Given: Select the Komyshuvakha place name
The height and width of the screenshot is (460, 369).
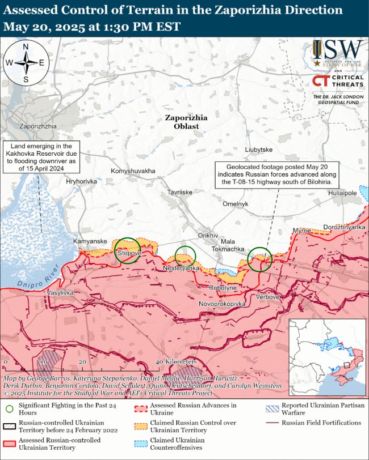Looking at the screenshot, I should (133, 171).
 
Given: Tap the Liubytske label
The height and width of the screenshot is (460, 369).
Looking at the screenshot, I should (259, 150).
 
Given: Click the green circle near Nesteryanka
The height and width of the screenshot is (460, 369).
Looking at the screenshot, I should (185, 256).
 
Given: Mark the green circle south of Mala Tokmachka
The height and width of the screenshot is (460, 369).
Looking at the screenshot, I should (260, 259).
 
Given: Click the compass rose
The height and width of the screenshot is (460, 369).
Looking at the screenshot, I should (26, 63).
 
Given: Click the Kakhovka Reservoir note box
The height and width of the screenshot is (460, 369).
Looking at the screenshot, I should (41, 157).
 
